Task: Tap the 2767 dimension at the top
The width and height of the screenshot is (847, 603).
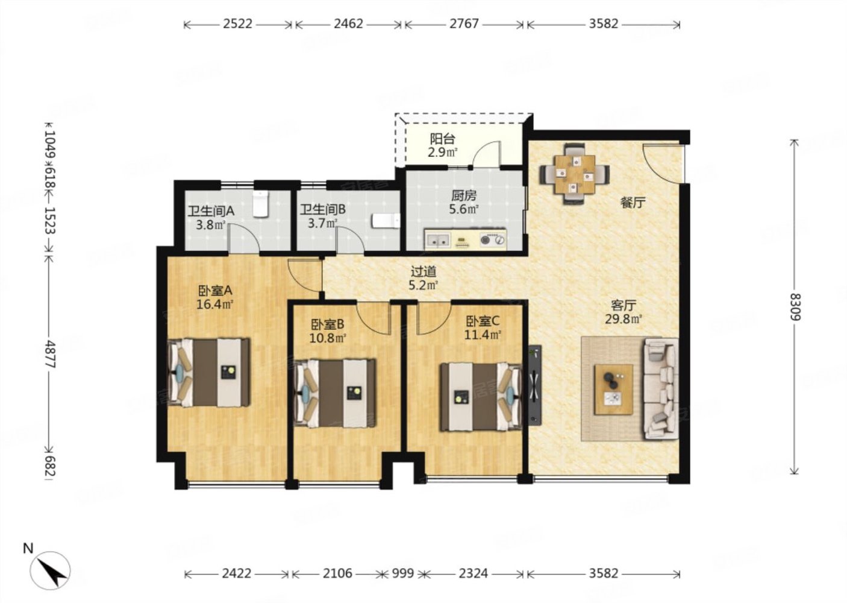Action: click(464, 24)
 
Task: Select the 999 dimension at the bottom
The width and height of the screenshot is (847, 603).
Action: click(402, 574)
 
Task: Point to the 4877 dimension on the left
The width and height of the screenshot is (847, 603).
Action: click(50, 355)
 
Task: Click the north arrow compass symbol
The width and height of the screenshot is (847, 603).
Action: click(50, 569)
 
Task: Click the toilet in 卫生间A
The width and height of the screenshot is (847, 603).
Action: click(260, 204)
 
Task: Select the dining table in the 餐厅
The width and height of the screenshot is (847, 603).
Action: click(574, 174)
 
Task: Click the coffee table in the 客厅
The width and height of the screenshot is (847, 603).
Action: click(613, 390)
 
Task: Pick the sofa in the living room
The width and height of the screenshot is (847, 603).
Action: click(661, 389)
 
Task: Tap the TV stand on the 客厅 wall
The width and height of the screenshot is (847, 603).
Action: click(535, 384)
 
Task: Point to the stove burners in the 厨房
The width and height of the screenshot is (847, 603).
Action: click(492, 239)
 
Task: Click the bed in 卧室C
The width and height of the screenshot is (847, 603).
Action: click(480, 397)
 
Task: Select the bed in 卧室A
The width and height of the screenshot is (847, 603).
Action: click(208, 373)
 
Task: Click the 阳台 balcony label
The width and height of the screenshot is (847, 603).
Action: click(442, 139)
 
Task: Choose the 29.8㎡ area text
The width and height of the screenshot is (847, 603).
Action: click(624, 319)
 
